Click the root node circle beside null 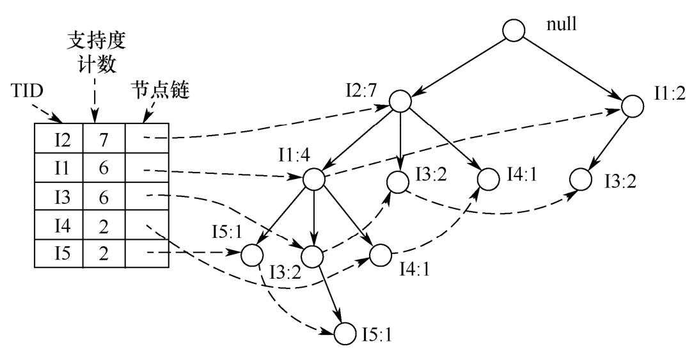(x=514, y=30)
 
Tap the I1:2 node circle (x=631, y=105)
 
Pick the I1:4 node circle (x=313, y=179)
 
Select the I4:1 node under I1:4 (x=379, y=256)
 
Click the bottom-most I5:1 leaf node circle (x=344, y=333)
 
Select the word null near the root (x=561, y=26)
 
